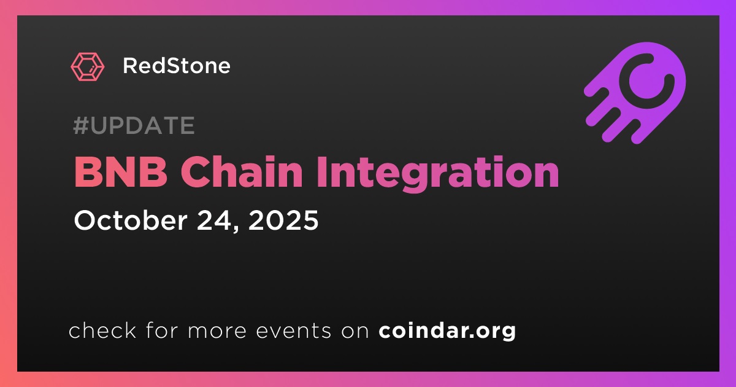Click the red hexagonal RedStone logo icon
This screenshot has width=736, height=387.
pos(88,66)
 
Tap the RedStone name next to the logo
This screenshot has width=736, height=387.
pos(177,66)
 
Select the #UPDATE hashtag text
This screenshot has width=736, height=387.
pos(134,125)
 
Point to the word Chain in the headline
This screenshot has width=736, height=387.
pos(242,172)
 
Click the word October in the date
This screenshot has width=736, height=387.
pos(131,220)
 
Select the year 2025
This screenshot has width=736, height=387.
pos(283,220)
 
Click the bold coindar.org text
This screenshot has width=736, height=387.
pos(447,330)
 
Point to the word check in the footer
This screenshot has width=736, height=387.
pos(102,330)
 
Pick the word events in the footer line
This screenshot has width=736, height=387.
pos(293,330)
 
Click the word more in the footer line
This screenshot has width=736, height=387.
pos(217,331)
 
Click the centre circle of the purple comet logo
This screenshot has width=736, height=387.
pos(646,81)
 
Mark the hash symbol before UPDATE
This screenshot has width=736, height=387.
pos(80,125)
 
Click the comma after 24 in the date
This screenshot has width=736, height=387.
pos(236,229)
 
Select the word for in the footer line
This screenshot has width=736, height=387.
pos(163,330)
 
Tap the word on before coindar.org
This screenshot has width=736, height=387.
pos(355,331)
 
